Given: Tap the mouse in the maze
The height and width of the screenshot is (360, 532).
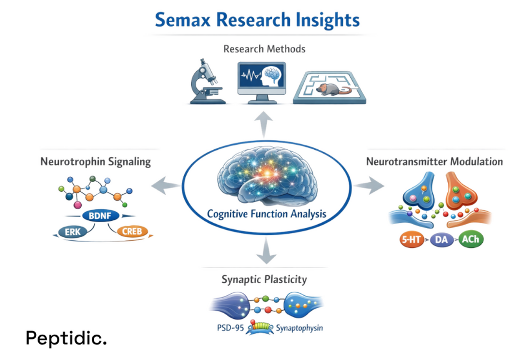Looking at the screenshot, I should [330, 88].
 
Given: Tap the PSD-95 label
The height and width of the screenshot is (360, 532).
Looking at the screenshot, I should [230, 328].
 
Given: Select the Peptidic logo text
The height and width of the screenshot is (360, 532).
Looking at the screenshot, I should [66, 338].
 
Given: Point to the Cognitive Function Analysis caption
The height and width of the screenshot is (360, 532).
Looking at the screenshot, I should [266, 214].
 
